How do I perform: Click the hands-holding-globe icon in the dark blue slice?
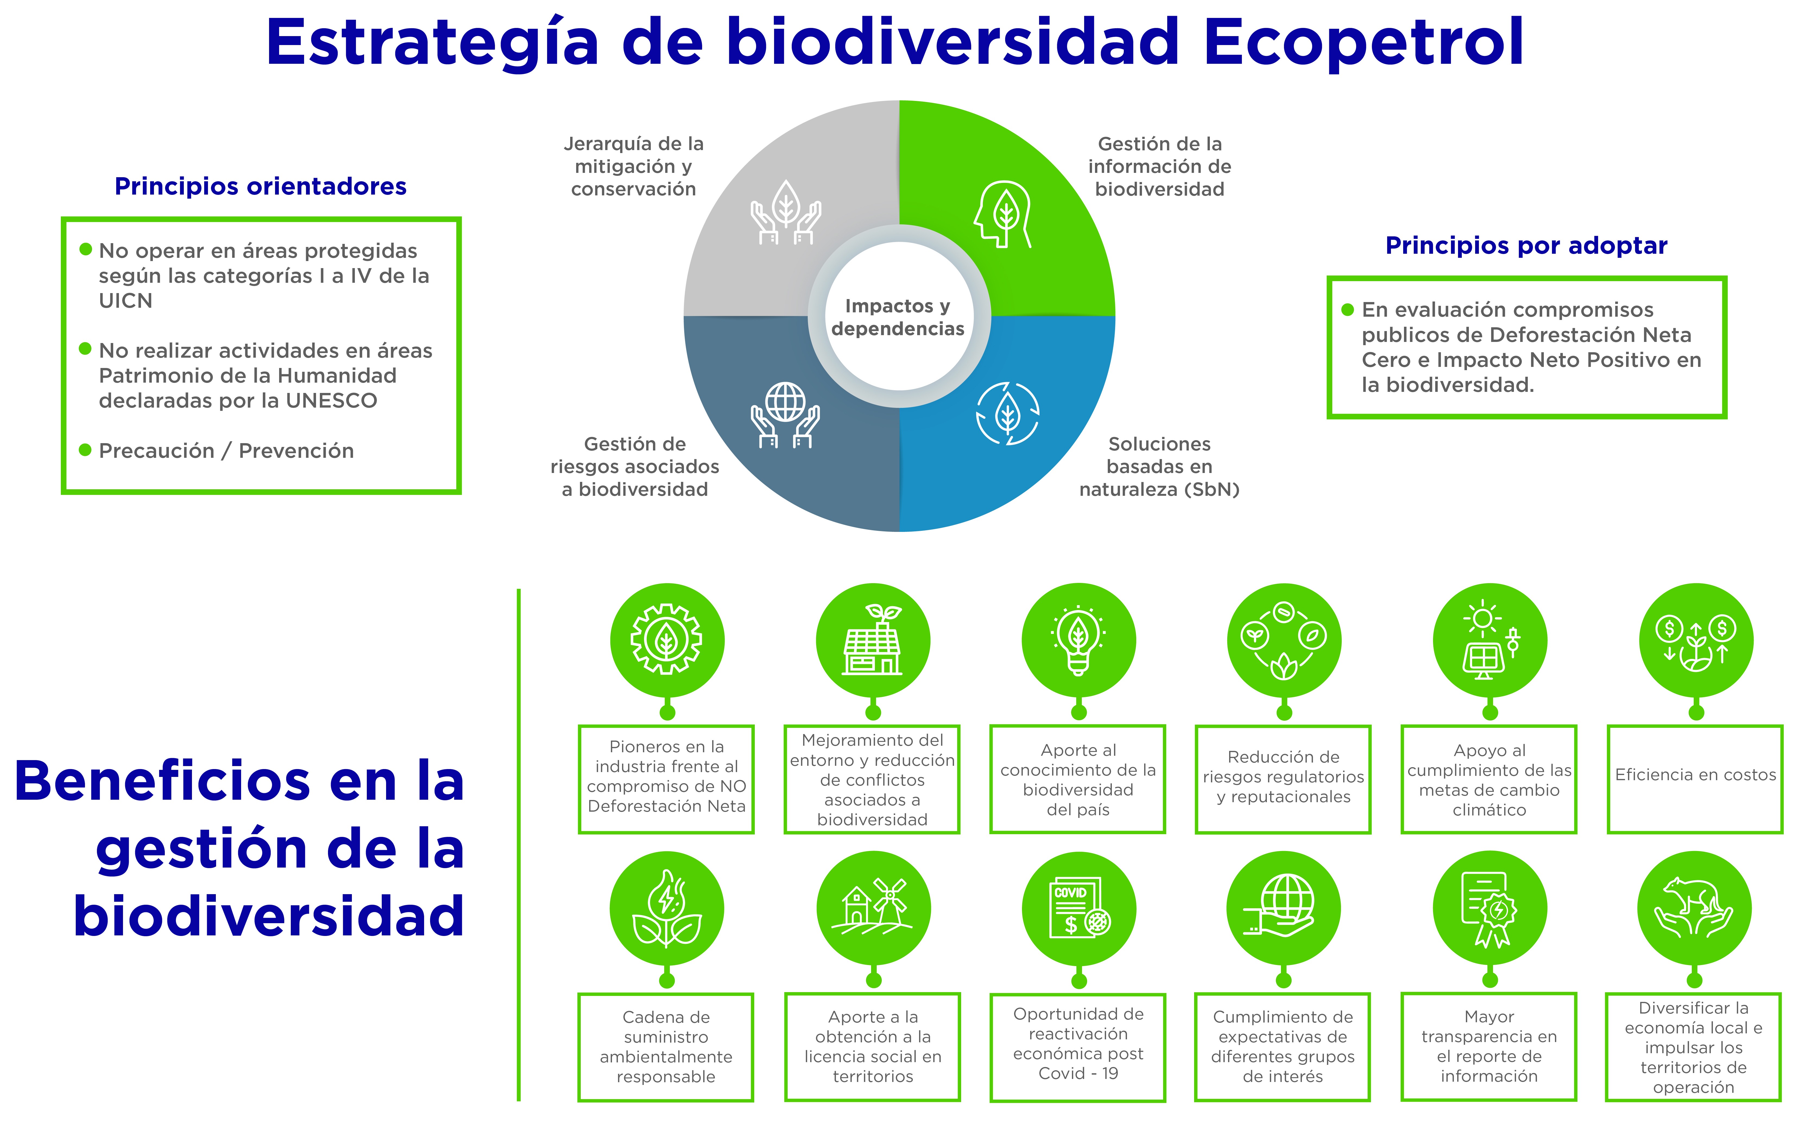(785, 415)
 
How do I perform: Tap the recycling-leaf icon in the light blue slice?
(1008, 413)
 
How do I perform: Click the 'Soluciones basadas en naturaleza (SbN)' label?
(1159, 467)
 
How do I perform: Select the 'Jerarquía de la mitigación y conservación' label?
(634, 167)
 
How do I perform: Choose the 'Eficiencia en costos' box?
(1696, 779)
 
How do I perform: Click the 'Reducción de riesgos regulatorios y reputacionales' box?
(1284, 779)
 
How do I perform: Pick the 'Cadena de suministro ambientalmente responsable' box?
(666, 1047)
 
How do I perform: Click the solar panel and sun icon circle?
(1490, 640)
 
